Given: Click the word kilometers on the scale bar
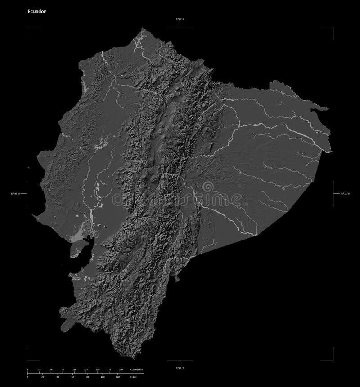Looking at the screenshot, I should click(x=136, y=369).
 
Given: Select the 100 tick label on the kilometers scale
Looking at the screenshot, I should click(x=74, y=369).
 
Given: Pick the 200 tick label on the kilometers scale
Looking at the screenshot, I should click(x=121, y=369).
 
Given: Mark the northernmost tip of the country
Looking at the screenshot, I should click(x=144, y=29).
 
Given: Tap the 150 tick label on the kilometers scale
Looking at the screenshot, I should click(x=97, y=369).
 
